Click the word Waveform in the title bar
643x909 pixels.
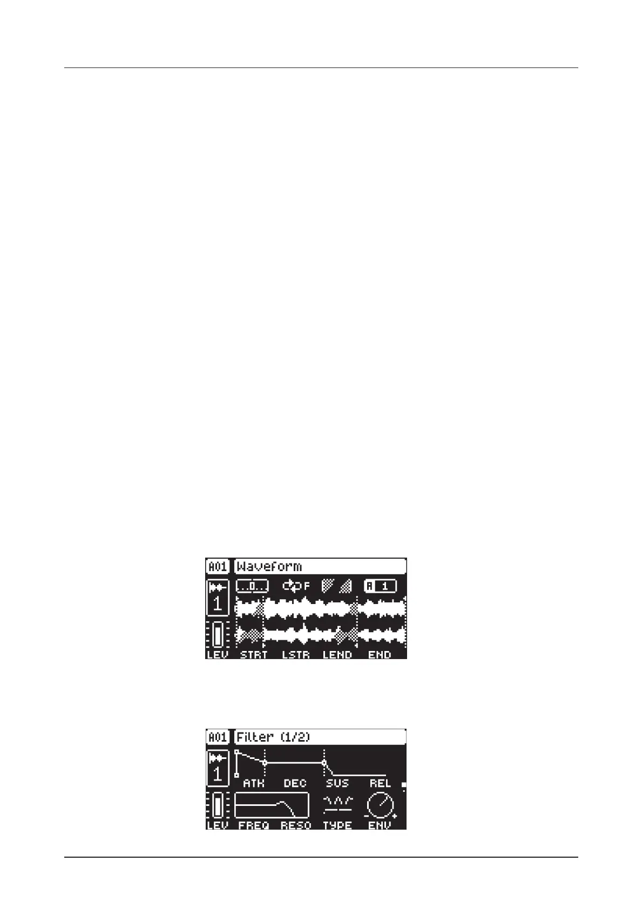[269, 566]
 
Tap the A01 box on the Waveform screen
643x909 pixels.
[218, 566]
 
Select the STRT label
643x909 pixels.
[253, 655]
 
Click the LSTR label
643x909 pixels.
[296, 655]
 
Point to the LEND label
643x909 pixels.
[337, 655]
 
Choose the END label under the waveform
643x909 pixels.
[379, 655]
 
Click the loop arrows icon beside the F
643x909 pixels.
[292, 586]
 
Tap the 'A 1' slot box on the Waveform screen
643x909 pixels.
[380, 586]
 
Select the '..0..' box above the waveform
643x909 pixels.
[252, 586]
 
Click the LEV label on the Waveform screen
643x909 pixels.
[218, 655]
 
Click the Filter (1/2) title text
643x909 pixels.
[273, 737]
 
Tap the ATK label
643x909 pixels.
[253, 783]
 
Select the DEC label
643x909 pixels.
[295, 783]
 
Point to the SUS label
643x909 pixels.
[337, 783]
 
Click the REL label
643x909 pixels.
[380, 783]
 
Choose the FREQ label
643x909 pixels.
[253, 825]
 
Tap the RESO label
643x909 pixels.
[296, 825]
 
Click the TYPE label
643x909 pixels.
[337, 825]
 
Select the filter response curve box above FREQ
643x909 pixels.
[272, 806]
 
